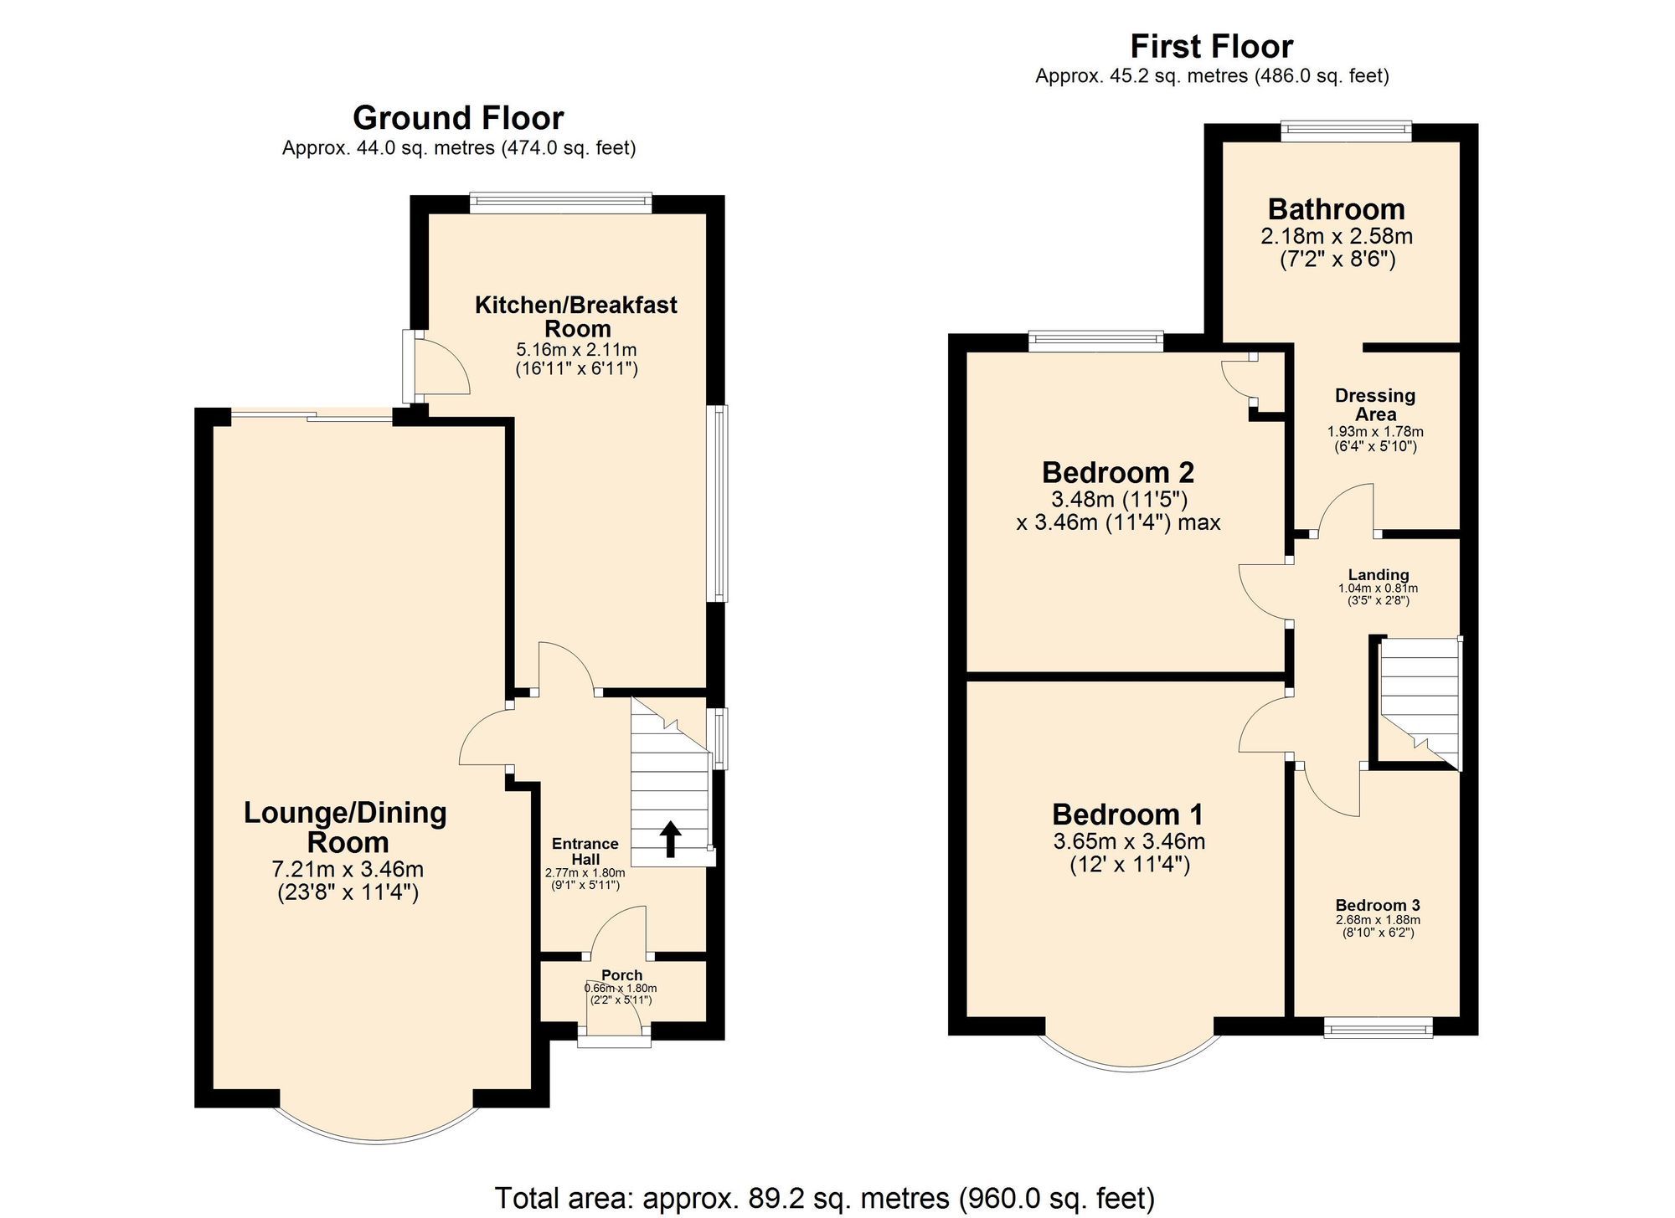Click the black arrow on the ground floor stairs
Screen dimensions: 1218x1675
point(670,840)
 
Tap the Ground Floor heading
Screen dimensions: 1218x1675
point(458,118)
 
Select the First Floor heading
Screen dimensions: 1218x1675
point(1211,46)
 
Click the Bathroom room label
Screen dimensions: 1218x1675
point(1336,209)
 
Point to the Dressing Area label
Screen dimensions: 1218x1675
point(1375,405)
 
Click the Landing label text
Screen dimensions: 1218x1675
point(1378,574)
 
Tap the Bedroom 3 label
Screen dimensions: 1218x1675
point(1377,905)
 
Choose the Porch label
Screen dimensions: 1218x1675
point(621,975)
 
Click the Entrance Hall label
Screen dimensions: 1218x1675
point(585,851)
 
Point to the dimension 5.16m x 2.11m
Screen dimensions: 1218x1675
point(576,350)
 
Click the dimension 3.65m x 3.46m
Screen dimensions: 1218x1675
point(1129,841)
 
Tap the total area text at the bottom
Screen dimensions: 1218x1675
point(824,1198)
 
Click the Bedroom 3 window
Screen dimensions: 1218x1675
point(1378,1028)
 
